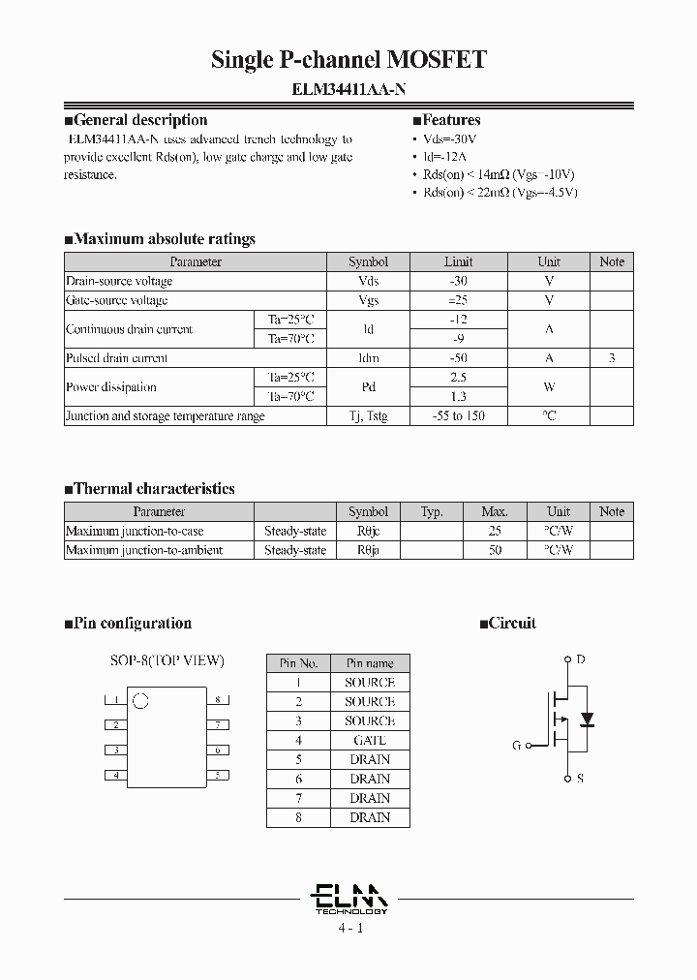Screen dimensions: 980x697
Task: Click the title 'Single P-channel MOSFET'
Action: tap(348, 60)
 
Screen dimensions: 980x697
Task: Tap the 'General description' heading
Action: tap(139, 120)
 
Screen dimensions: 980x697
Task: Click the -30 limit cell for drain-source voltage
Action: tap(459, 281)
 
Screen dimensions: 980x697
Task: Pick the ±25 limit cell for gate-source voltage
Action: tap(459, 300)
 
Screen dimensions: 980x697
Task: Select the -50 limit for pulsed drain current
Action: tap(459, 358)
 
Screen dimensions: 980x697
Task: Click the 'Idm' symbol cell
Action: tap(368, 358)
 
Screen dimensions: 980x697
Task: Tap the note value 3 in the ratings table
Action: tap(612, 358)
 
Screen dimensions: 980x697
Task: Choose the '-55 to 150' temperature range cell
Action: tap(459, 416)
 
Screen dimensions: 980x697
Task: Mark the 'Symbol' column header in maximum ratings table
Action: tap(368, 261)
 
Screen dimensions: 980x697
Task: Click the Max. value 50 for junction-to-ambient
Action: tap(495, 550)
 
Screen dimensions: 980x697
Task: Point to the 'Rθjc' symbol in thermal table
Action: tap(368, 531)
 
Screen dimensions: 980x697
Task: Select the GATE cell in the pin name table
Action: tap(370, 741)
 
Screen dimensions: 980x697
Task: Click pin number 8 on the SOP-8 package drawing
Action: tap(220, 699)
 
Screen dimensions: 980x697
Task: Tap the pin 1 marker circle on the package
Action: tap(139, 700)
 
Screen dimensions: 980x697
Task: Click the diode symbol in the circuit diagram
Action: tap(586, 720)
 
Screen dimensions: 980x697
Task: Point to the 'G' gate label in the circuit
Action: tap(517, 746)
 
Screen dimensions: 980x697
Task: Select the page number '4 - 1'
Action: tap(349, 928)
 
